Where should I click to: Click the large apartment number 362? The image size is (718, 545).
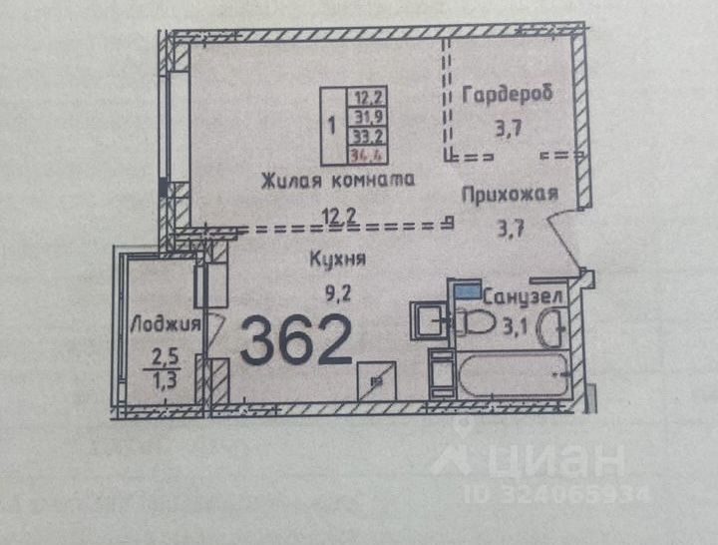tap(296, 340)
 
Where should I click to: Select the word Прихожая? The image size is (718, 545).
tap(509, 195)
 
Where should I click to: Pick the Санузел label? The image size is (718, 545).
tap(525, 296)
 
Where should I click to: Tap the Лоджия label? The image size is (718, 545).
tap(167, 324)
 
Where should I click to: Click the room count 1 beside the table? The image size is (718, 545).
tap(332, 127)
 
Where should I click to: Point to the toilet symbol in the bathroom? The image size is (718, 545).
tap(474, 323)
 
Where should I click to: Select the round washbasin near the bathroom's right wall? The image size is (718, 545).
tap(552, 326)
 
